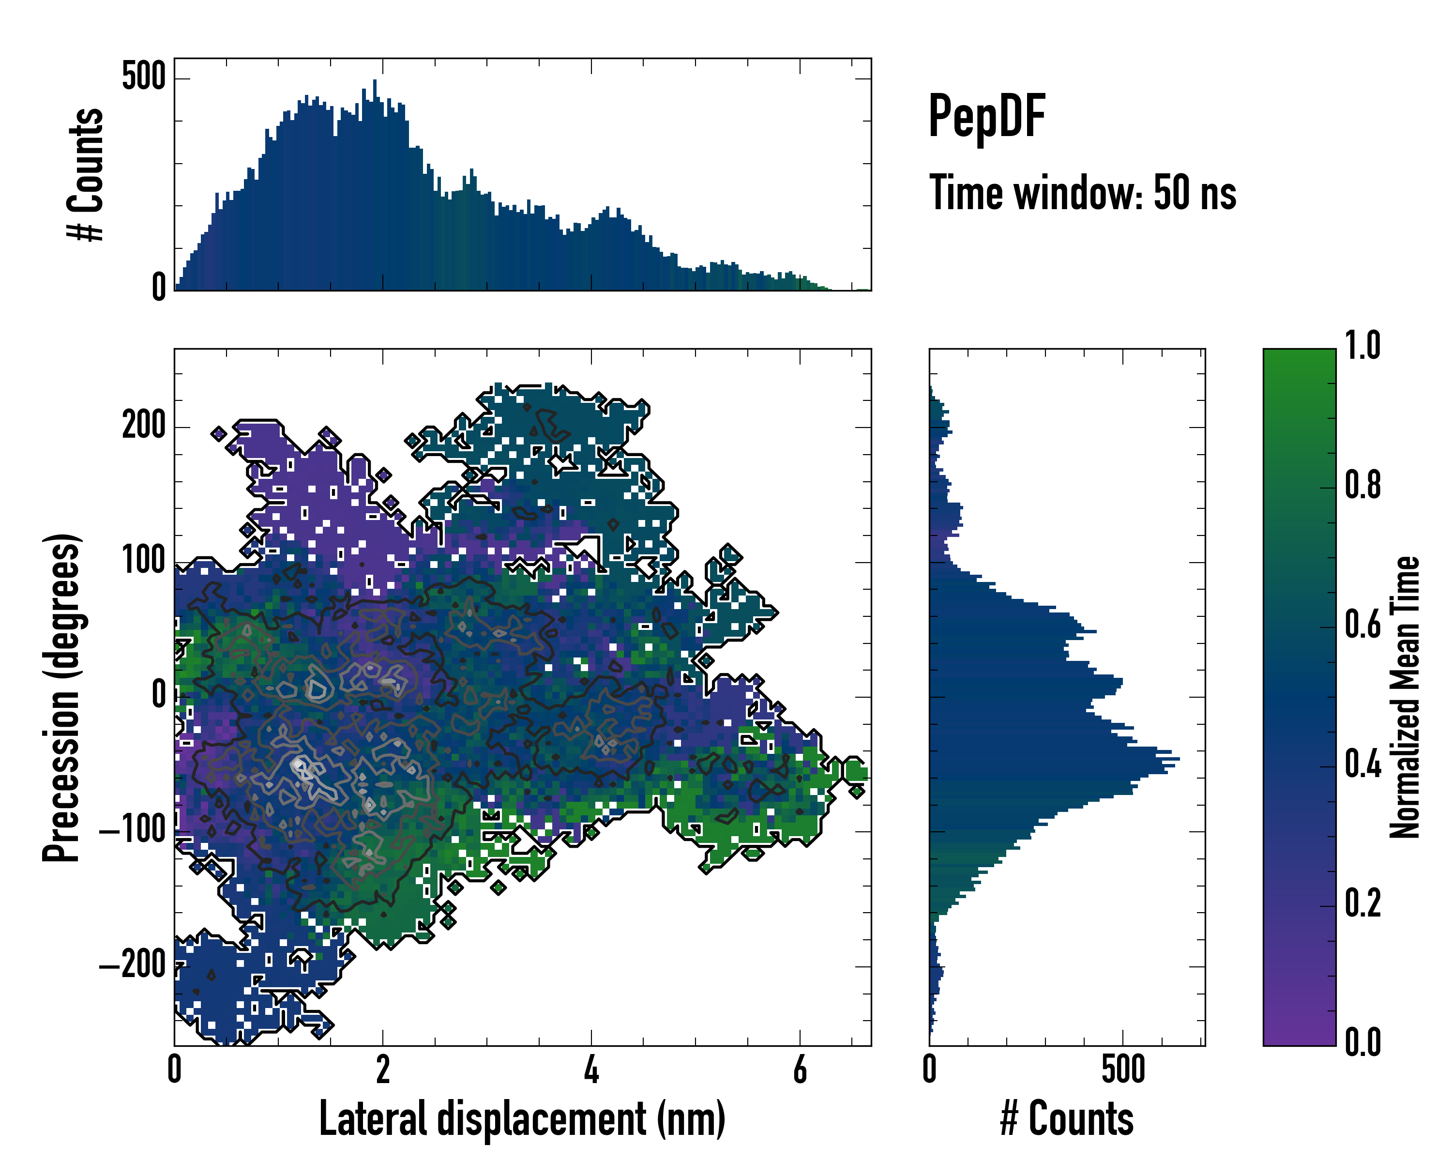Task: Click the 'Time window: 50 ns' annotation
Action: pyautogui.click(x=1082, y=193)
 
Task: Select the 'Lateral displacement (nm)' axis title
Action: pyautogui.click(x=522, y=1119)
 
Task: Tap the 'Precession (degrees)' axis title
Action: pyautogui.click(x=62, y=697)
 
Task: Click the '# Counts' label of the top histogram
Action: pyautogui.click(x=86, y=174)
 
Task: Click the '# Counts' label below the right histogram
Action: pyautogui.click(x=1067, y=1119)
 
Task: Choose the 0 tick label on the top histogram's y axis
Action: pyautogui.click(x=159, y=288)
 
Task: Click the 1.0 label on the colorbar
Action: pyautogui.click(x=1362, y=346)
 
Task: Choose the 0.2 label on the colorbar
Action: pyautogui.click(x=1362, y=903)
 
